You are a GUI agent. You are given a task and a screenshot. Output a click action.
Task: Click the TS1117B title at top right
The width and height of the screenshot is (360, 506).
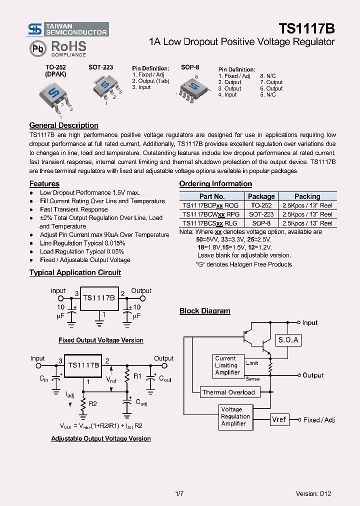(306, 28)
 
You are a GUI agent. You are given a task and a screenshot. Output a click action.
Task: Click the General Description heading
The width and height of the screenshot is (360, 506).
(63, 125)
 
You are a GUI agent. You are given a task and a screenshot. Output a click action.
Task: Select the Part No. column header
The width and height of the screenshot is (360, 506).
(212, 196)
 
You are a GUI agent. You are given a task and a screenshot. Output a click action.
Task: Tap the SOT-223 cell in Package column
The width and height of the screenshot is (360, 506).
(261, 214)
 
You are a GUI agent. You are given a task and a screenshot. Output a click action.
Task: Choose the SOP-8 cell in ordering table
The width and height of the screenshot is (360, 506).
(261, 223)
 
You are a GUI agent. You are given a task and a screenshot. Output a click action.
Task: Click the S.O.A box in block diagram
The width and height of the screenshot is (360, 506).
(288, 340)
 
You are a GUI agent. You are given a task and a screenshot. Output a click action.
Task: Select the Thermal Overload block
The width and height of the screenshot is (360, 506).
(228, 392)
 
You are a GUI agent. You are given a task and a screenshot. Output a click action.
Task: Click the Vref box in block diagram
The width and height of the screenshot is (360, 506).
(279, 419)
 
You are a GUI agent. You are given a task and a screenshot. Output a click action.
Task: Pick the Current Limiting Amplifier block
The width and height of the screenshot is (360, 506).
(227, 365)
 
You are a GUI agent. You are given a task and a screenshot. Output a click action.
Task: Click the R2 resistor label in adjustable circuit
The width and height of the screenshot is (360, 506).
(93, 403)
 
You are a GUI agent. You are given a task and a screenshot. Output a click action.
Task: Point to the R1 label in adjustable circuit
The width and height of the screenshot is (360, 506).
(137, 376)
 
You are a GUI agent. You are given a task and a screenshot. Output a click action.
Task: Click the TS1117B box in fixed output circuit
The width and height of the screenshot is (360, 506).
(98, 298)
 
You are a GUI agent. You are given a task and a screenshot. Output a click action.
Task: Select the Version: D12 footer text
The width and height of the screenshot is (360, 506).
(313, 493)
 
